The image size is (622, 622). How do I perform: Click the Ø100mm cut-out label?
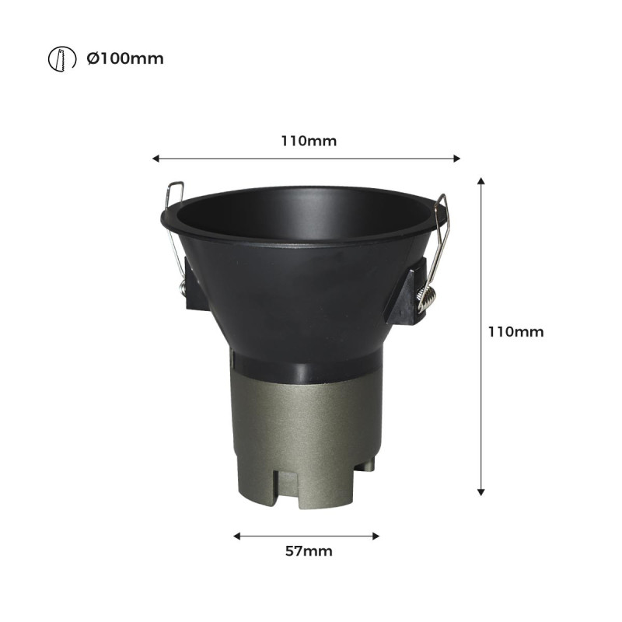[x=125, y=59]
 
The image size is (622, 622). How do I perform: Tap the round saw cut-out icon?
[x=62, y=59]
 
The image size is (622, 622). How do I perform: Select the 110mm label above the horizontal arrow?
[x=309, y=141]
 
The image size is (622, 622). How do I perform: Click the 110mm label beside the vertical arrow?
[x=515, y=331]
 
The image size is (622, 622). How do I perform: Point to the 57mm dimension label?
[x=309, y=551]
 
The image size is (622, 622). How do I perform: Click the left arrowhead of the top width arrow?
[x=156, y=159]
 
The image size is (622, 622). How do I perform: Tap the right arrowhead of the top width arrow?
[x=456, y=159]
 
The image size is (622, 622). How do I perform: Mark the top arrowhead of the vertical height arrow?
[x=481, y=181]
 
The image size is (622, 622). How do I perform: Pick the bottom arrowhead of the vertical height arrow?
[x=481, y=492]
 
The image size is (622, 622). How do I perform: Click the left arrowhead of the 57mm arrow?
[x=237, y=536]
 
